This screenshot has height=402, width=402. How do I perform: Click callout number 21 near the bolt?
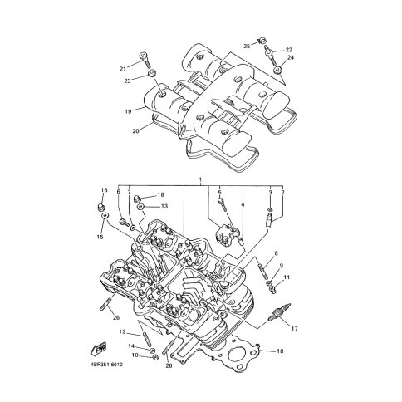[x=123, y=69]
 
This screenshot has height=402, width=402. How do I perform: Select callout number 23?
[x=127, y=81]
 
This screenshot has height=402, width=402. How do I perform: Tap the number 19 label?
[x=128, y=111]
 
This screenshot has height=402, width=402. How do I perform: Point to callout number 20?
[x=135, y=131]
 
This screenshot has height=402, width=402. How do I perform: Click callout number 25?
[x=247, y=47]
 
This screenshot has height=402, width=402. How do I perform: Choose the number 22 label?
[x=289, y=50]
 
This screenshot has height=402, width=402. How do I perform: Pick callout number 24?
[x=291, y=57]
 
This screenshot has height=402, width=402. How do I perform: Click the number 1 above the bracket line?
[x=200, y=179]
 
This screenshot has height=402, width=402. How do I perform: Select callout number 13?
[x=164, y=206]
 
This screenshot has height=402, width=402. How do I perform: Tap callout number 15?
[x=100, y=237]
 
